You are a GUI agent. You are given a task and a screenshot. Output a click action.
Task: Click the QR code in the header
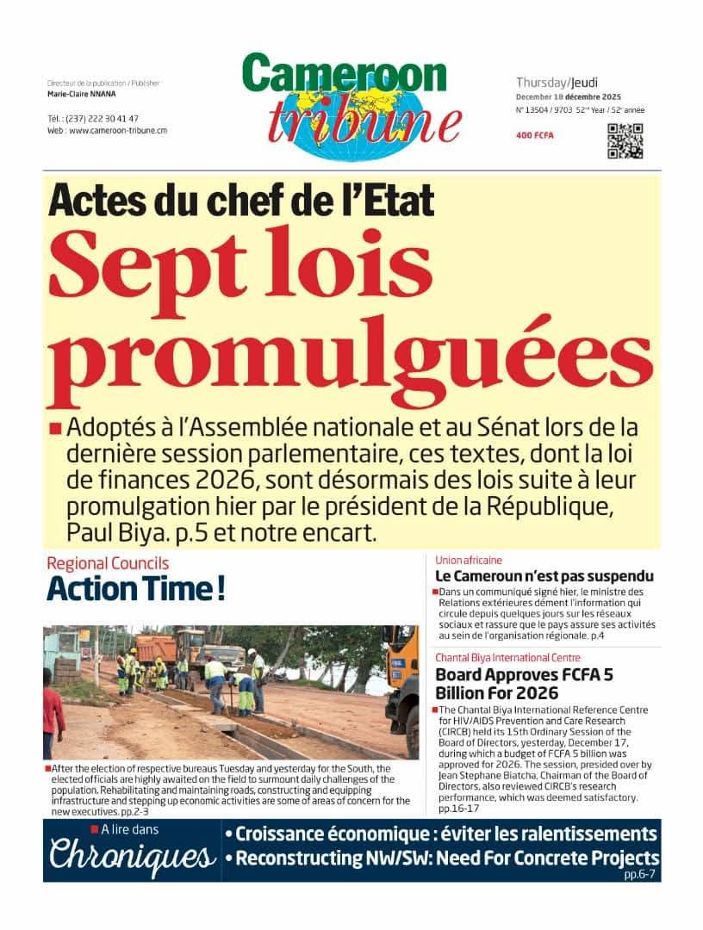click(x=625, y=142)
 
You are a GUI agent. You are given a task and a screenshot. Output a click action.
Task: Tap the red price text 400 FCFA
click(x=534, y=136)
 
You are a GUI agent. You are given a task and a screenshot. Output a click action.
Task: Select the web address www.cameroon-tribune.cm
click(x=118, y=130)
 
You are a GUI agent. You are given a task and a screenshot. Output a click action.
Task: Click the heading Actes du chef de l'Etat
click(x=241, y=200)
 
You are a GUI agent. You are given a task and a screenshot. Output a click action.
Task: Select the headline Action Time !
click(x=136, y=590)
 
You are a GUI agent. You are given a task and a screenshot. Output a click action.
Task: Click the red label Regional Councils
click(x=108, y=564)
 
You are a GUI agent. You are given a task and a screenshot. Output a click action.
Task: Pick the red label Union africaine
click(x=469, y=561)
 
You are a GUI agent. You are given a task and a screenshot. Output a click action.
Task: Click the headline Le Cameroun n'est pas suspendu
click(x=544, y=576)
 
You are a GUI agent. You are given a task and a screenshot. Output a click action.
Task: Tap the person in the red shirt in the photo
click(x=53, y=714)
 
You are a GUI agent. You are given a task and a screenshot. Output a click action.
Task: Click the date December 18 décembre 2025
click(x=569, y=96)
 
